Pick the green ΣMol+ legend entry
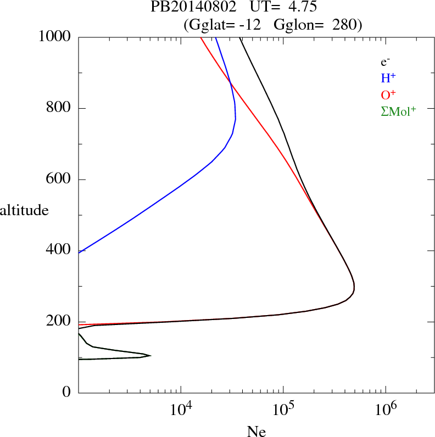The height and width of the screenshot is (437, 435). coord(398,111)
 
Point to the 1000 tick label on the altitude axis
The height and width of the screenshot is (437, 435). coord(55,37)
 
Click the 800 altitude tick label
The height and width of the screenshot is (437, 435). coord(59,108)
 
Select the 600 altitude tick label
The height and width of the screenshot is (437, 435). coord(59,180)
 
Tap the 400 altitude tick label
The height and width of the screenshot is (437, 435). coord(59,250)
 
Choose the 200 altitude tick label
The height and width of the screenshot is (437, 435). coord(59,322)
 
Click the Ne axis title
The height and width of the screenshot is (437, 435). coord(256,432)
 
